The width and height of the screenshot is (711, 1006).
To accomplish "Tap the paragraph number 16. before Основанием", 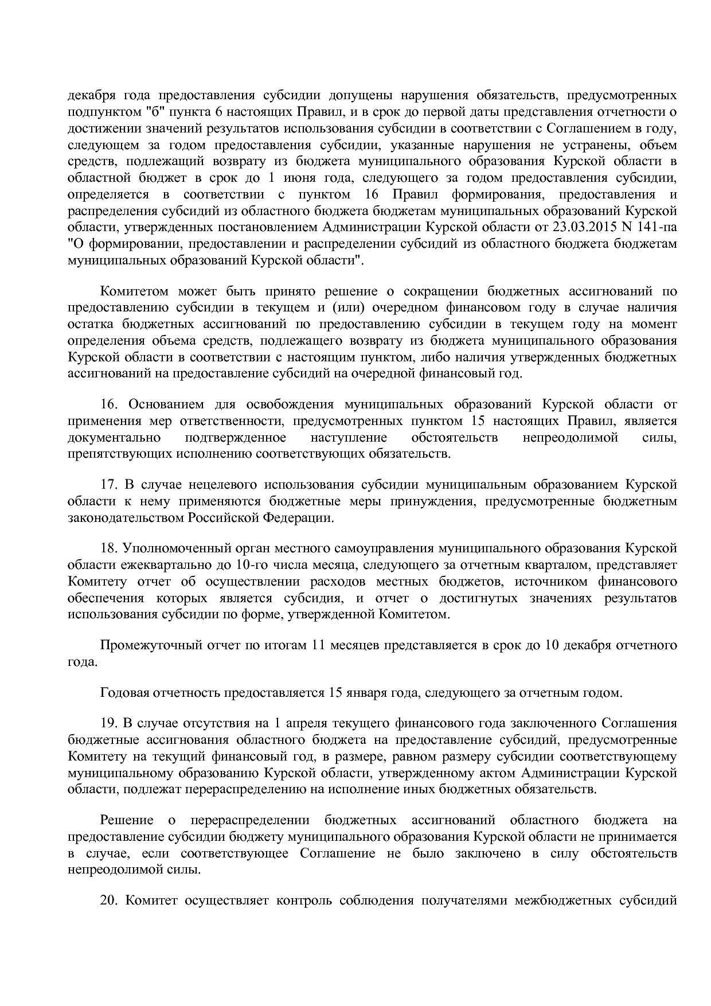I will pos(109,404).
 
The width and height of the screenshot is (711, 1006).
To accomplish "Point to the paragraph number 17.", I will pos(109,485).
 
